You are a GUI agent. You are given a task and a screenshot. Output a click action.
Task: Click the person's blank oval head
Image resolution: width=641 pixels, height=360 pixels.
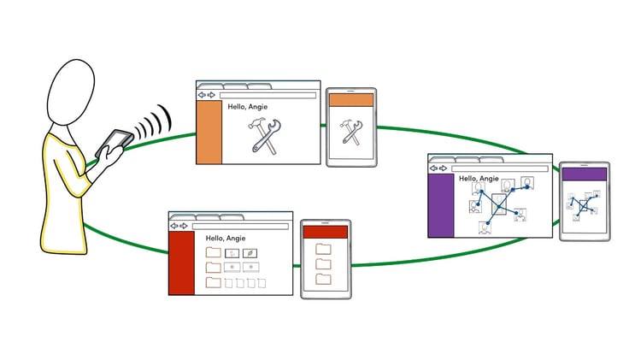point(71,92)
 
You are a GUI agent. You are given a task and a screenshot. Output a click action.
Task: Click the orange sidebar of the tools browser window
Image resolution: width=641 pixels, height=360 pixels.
point(209,133)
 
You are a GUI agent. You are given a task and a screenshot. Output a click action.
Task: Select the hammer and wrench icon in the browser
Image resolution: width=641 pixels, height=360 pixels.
point(264,136)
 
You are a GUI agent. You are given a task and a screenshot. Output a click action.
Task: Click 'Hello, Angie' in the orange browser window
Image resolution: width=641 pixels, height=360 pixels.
point(248,107)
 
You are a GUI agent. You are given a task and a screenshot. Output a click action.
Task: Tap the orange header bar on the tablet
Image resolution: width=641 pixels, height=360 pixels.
point(351,100)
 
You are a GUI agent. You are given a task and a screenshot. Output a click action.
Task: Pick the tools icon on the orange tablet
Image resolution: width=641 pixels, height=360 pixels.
point(351,133)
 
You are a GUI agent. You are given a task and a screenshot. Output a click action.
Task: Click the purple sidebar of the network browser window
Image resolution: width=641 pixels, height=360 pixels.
point(441,205)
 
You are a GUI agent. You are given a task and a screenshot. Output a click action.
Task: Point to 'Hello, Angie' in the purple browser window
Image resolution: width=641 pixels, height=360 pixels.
point(479,179)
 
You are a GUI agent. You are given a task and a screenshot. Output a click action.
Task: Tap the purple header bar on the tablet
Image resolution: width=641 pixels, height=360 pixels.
point(585,174)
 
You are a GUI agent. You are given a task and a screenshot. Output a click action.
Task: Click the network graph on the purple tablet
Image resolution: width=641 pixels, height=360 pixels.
point(584,205)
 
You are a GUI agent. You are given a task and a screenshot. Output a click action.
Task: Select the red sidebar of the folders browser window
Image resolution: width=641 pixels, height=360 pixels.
point(182,263)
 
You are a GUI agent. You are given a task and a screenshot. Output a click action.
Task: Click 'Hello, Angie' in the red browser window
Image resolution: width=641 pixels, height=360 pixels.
point(226,238)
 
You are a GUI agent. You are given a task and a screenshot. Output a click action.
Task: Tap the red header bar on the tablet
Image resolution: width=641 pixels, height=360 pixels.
point(326,232)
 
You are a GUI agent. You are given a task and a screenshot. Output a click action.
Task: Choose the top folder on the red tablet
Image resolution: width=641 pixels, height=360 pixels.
point(323,249)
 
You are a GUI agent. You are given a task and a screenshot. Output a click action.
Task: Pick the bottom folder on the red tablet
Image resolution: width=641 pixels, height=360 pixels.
point(323,279)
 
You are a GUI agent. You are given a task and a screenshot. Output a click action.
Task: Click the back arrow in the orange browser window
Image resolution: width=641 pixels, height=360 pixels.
point(202,95)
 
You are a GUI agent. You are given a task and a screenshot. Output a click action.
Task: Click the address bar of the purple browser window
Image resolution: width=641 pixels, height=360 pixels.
point(500,168)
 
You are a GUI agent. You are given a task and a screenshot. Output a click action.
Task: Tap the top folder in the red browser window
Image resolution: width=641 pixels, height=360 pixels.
point(214,252)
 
